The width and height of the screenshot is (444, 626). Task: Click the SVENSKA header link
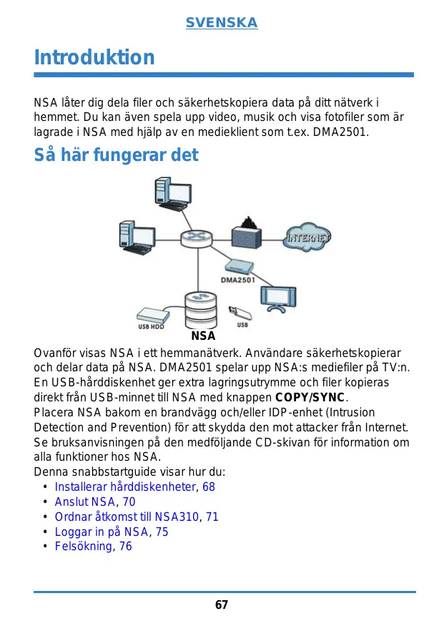222,24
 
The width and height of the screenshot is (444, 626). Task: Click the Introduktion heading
94,57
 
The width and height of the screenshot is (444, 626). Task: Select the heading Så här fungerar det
117,155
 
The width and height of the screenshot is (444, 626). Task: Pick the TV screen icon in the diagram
275,297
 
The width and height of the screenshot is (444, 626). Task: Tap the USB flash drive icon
237,312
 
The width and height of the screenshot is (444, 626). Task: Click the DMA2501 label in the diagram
237,280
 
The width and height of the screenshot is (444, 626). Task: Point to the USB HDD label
151,326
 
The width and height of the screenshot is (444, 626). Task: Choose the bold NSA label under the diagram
204,335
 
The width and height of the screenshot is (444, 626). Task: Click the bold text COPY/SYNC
310,397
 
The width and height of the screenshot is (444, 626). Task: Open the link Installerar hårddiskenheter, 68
134,486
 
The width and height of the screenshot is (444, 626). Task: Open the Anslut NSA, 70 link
95,502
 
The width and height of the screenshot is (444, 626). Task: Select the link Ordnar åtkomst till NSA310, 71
137,517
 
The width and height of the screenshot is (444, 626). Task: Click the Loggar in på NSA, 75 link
112,532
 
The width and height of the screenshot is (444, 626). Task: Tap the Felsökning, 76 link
93,547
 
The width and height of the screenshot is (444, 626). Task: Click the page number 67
222,605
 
